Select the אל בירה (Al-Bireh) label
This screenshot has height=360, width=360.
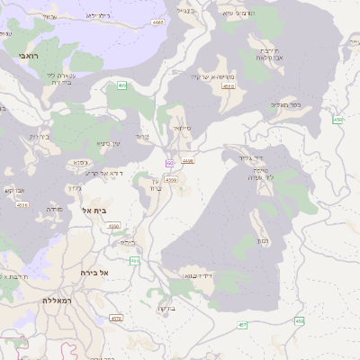[94, 272]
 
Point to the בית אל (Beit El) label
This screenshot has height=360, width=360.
[94, 211]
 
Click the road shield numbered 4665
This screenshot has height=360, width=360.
[158, 22]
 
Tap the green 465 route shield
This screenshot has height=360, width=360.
[121, 85]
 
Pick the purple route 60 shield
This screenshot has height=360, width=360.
[168, 163]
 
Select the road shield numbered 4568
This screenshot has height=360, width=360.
[187, 160]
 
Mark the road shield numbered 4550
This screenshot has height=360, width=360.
[113, 227]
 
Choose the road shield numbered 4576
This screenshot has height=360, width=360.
[115, 319]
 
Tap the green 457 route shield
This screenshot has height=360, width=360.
[242, 324]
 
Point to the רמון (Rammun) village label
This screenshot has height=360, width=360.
[263, 241]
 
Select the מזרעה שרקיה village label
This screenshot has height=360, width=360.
[212, 77]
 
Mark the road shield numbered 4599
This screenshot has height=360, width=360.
[171, 180]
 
